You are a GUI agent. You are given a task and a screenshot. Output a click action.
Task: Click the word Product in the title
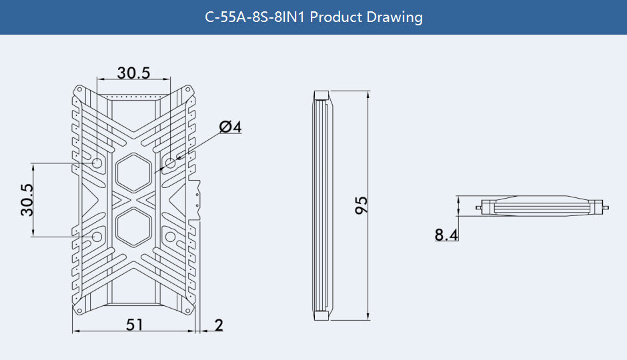(336, 17)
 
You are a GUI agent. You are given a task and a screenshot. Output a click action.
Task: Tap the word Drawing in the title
(395, 17)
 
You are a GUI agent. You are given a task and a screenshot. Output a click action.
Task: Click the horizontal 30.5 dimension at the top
(133, 73)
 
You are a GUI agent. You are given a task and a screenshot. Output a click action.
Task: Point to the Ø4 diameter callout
(229, 127)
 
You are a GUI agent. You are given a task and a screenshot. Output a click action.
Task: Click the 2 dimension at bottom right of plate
(219, 325)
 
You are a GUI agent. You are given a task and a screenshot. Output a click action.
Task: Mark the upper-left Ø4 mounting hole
(97, 163)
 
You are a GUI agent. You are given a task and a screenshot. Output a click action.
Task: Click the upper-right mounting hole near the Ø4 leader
(171, 163)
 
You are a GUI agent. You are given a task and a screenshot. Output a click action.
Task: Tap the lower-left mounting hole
(97, 237)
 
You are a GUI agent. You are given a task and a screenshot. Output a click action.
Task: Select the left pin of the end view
(480, 207)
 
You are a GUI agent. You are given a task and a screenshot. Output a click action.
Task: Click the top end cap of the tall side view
(322, 94)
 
